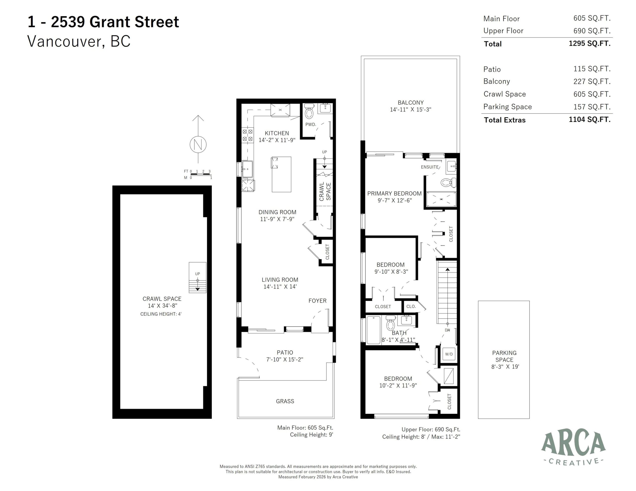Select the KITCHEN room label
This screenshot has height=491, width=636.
pos(277,133)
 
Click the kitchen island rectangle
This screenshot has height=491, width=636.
pos(281,174)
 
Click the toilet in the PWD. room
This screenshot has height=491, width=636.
pos(309,112)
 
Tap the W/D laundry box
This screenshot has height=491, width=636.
pos(449,354)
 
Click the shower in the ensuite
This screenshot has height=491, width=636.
pos(441,199)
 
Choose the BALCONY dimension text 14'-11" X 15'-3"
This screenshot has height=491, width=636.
pos(410,110)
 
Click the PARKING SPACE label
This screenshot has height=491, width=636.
pos(504,356)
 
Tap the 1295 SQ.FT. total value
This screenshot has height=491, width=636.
pos(589,44)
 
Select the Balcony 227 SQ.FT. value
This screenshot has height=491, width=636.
pos(592,81)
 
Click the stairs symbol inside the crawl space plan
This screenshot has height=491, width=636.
pos(198,278)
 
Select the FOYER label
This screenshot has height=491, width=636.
pos(318,301)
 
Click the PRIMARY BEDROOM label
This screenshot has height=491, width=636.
pos(394,194)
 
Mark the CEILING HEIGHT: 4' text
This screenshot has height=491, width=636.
pos(161,314)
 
